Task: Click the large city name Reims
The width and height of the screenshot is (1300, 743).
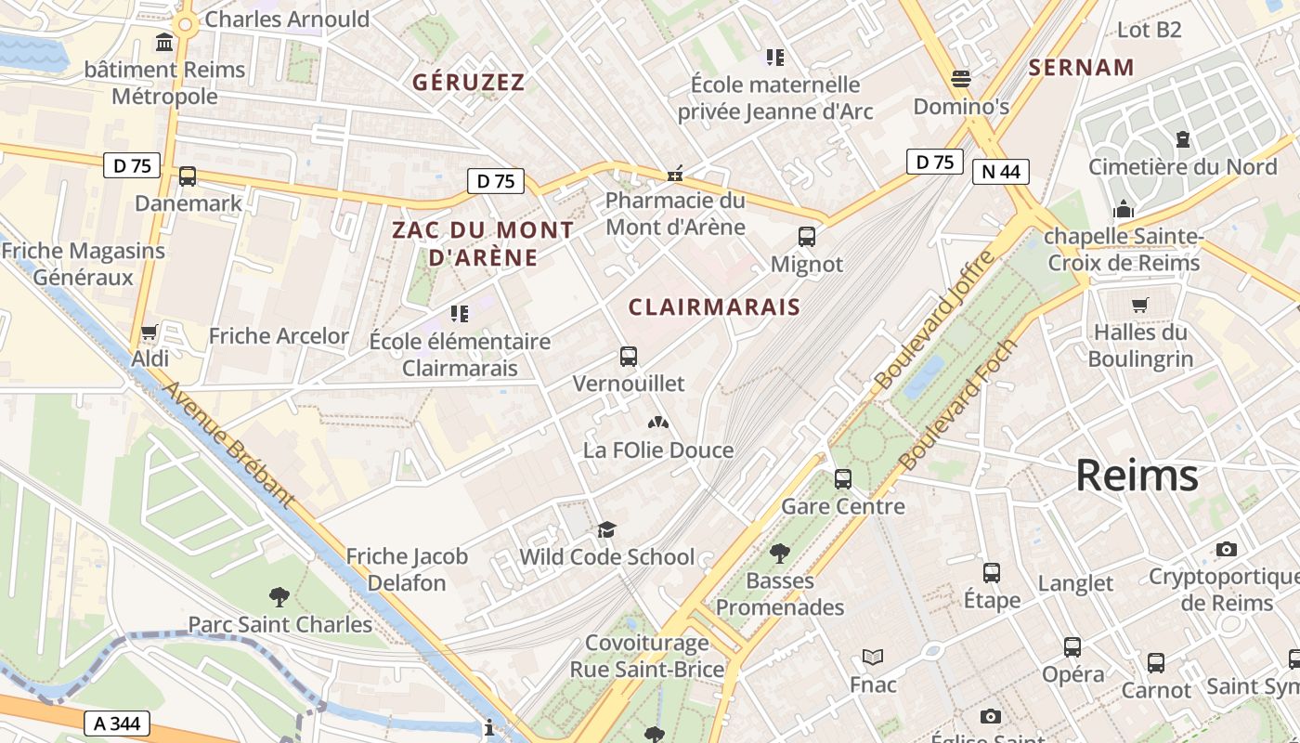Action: coord(1137,476)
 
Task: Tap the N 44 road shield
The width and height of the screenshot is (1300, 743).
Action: coord(1001,172)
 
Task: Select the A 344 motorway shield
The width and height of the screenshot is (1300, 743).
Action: coord(117,723)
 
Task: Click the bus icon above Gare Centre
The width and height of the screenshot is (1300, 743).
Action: coord(842,479)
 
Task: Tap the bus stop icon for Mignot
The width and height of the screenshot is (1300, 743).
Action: coord(806,237)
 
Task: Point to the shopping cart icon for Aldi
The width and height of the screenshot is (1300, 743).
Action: coord(149,332)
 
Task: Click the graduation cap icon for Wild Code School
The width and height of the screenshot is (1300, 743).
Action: coord(606,529)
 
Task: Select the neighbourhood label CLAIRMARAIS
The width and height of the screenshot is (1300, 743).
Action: coord(714,307)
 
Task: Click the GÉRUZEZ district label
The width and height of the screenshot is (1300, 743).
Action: coord(469,83)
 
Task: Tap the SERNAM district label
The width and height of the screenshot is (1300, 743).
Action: coord(1082,68)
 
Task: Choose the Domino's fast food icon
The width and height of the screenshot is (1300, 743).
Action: coord(960,79)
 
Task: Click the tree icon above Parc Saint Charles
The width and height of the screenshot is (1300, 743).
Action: coord(279,596)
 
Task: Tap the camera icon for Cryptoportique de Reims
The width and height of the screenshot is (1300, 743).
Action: coord(1226,549)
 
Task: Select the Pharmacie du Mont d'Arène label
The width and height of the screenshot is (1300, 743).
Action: coord(675,214)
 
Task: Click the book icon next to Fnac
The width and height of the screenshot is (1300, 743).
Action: coord(872,658)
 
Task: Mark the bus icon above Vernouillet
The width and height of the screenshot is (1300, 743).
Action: coord(629,356)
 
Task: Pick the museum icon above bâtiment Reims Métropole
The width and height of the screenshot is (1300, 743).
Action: coord(165,43)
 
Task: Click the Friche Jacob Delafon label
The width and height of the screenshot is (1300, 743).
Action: coord(407,569)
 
